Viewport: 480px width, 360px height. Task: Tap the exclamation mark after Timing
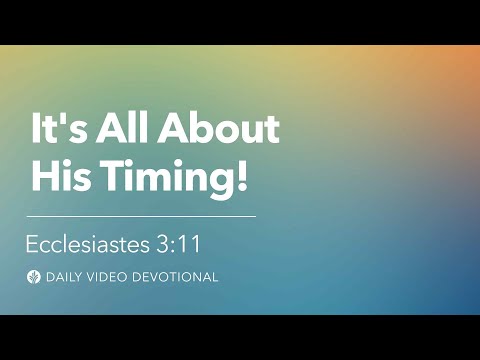(x=240, y=177)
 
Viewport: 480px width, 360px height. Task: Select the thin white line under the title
(x=141, y=215)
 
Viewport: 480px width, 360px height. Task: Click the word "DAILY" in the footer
(x=64, y=277)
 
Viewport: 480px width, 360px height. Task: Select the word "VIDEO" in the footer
(x=110, y=277)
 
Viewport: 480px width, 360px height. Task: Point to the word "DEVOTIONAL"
(x=176, y=277)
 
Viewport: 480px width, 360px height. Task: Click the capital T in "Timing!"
(x=108, y=177)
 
